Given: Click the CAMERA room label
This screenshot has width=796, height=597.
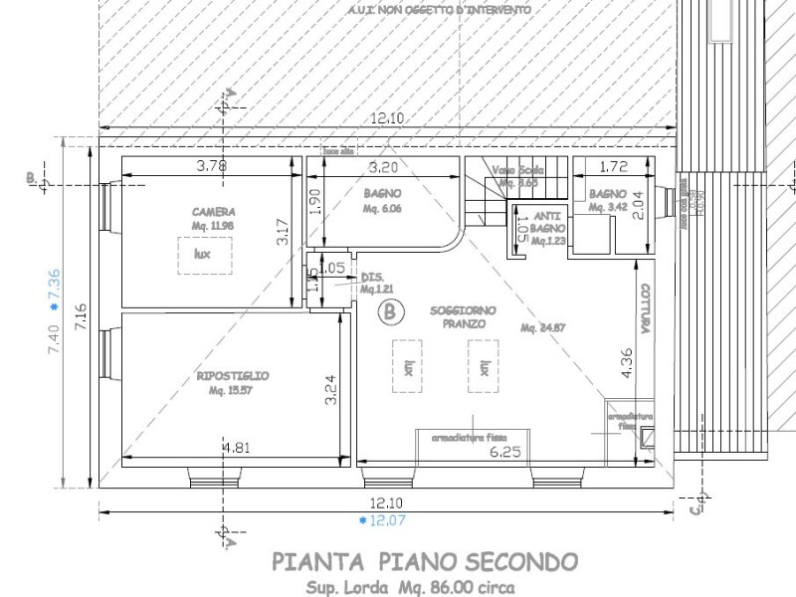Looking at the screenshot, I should (x=214, y=212).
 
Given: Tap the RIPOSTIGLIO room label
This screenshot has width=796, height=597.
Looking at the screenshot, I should (x=233, y=376).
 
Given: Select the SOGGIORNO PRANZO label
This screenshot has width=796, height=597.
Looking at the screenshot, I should (x=458, y=317).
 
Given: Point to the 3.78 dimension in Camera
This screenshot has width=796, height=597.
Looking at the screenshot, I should (x=211, y=166).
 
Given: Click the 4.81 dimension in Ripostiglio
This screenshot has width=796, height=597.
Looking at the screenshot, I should (x=236, y=448).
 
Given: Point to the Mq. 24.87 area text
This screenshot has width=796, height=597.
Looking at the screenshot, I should (x=542, y=327).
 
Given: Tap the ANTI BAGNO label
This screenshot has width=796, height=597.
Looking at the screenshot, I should (x=548, y=221).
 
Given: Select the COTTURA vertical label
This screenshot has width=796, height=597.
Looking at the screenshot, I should (x=646, y=313).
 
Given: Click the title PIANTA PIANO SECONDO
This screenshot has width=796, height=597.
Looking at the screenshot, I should (x=424, y=562).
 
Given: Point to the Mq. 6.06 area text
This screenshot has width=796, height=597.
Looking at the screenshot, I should (x=382, y=209).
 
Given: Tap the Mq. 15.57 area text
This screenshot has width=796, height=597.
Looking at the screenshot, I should (x=232, y=391).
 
